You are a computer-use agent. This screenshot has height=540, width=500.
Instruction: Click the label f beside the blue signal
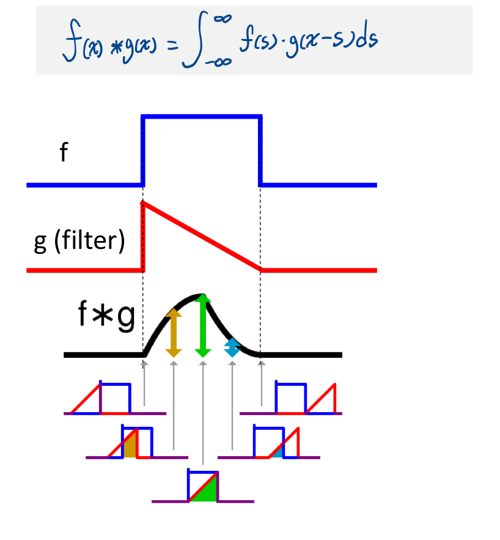tap(64, 153)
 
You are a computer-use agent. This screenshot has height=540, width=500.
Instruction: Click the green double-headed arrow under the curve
tap(203, 326)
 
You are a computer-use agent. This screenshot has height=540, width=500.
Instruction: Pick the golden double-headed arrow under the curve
tap(174, 333)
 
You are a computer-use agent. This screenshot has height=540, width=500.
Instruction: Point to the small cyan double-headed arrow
tap(232, 348)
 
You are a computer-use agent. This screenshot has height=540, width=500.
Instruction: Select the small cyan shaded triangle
tap(278, 453)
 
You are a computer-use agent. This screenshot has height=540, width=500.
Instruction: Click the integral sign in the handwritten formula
tap(194, 41)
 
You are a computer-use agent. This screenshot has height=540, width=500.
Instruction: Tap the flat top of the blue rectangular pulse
tap(202, 116)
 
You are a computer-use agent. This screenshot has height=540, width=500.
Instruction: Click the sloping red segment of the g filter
tap(202, 236)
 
